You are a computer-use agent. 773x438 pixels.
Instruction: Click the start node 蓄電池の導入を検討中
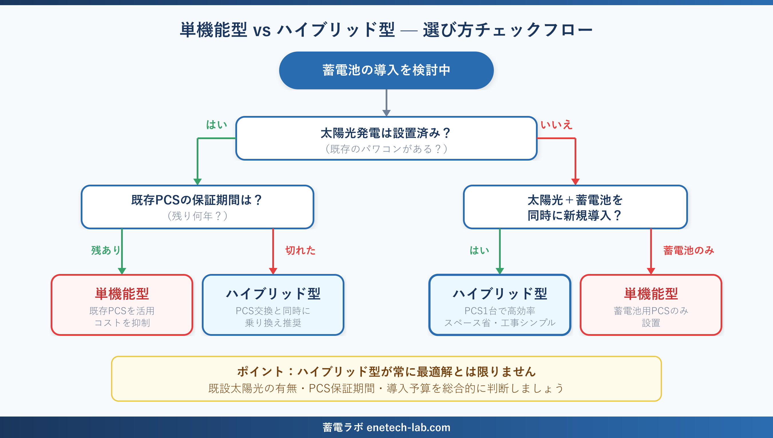click(x=386, y=70)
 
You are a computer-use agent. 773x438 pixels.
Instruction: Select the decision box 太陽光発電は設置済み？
click(x=386, y=138)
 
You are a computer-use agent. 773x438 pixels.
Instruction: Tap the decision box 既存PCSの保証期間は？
click(x=197, y=207)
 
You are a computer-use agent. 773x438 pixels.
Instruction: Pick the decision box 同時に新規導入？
click(x=575, y=207)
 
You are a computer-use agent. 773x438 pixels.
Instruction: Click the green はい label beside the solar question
click(x=216, y=125)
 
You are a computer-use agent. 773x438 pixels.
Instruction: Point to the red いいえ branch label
click(x=556, y=125)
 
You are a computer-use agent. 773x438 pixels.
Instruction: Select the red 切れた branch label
click(x=300, y=250)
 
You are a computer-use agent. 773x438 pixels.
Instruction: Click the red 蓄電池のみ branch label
click(x=689, y=250)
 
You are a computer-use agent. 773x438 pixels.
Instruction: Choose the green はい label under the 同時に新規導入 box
click(x=480, y=250)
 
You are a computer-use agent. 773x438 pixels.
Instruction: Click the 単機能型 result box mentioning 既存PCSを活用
click(x=122, y=305)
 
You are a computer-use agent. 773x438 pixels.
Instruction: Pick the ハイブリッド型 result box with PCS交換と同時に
click(x=273, y=305)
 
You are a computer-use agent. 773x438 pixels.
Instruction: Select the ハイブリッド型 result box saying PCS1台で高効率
click(x=500, y=305)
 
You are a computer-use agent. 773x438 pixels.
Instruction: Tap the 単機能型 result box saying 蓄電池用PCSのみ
click(x=651, y=305)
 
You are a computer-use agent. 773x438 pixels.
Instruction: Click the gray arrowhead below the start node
click(x=386, y=113)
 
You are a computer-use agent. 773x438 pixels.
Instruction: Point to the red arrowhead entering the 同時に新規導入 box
click(x=575, y=181)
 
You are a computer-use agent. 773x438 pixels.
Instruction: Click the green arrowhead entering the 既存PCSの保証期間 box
click(x=197, y=181)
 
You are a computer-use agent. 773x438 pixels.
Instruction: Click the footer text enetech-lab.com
click(x=408, y=427)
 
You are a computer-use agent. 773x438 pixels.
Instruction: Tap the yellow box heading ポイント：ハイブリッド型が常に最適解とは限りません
click(x=386, y=372)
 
